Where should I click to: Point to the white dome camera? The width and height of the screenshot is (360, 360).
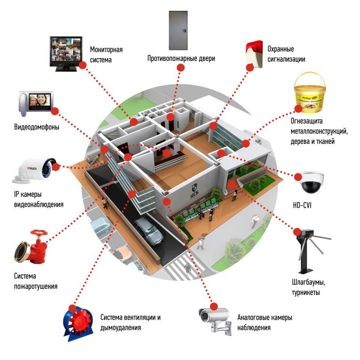[x=311, y=182]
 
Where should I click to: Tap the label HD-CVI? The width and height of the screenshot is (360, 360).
[x=302, y=205]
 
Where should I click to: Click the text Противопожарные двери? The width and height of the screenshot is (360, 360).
[x=181, y=59]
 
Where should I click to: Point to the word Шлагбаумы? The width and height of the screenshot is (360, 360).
[x=308, y=283]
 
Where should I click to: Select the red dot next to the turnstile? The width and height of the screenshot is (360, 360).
[x=296, y=231]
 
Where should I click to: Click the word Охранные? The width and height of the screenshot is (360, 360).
[x=280, y=49]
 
